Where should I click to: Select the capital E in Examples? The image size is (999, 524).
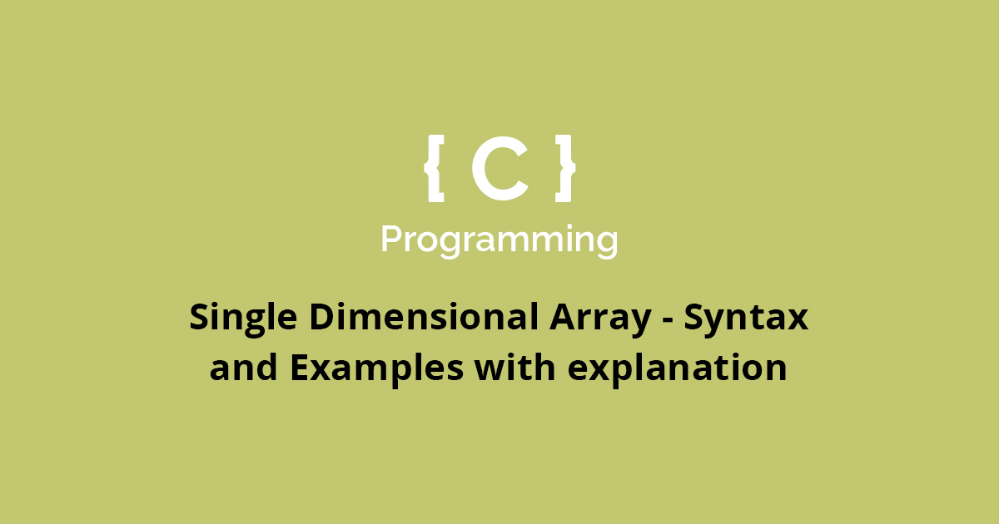(300, 367)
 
